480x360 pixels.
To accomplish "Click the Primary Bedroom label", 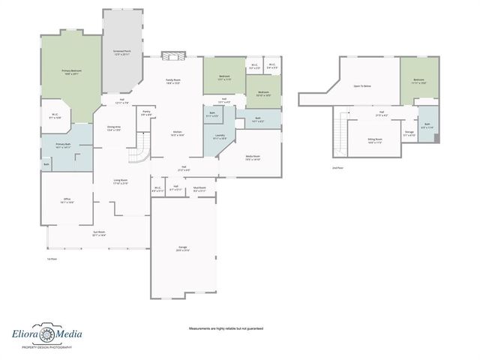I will pyautogui.click(x=72, y=71).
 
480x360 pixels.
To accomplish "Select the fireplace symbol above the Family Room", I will pyautogui.click(x=172, y=55).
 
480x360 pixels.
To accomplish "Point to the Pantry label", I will pyautogui.click(x=146, y=113).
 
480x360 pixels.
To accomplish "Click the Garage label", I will pyautogui.click(x=182, y=248).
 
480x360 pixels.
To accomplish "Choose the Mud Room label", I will pyautogui.click(x=199, y=190).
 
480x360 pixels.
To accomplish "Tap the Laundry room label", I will pyautogui.click(x=220, y=138).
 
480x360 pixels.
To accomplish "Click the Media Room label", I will pyautogui.click(x=253, y=158).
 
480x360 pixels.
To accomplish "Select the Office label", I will pyautogui.click(x=67, y=200).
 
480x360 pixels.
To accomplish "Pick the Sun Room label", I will pyautogui.click(x=99, y=233).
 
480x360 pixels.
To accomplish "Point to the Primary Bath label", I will pyautogui.click(x=63, y=145).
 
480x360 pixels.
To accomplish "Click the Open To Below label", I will pyautogui.click(x=363, y=86).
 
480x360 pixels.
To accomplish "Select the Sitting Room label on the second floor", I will pyautogui.click(x=375, y=140).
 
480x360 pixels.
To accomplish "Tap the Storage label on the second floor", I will pyautogui.click(x=409, y=133).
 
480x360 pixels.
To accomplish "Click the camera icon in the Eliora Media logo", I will pyautogui.click(x=46, y=334).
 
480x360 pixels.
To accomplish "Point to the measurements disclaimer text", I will pyautogui.click(x=226, y=328).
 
